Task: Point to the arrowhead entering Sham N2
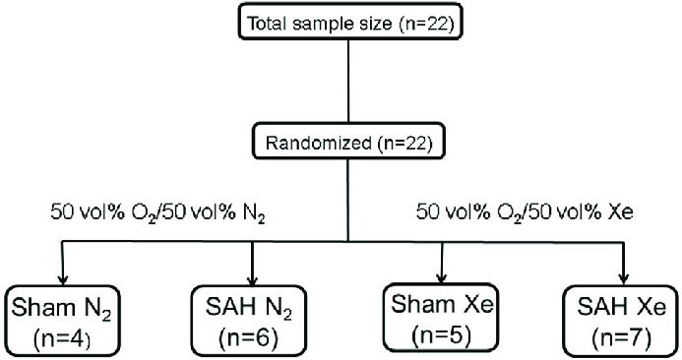[61, 276]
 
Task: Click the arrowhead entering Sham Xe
[442, 274]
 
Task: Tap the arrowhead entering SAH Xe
[624, 278]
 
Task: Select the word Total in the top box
[272, 20]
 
